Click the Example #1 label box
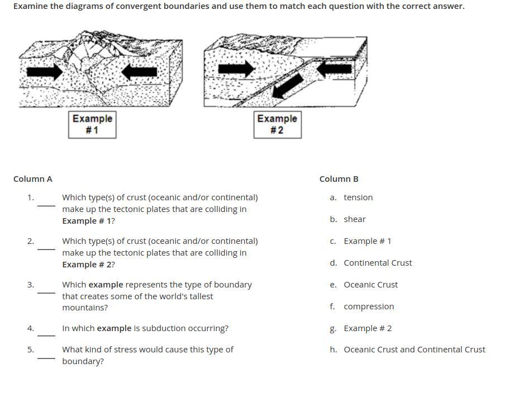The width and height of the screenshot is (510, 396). click(92, 124)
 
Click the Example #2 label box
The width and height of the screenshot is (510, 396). click(277, 124)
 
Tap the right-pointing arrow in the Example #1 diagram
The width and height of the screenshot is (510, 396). click(45, 71)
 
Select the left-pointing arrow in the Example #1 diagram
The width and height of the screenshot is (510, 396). click(139, 71)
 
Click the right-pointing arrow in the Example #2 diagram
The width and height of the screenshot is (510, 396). click(236, 69)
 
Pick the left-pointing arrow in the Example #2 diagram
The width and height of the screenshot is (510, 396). click(335, 69)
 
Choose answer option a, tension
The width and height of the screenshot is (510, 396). click(358, 197)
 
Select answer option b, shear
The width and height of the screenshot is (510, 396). click(354, 219)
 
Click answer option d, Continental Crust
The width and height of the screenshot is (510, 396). click(378, 263)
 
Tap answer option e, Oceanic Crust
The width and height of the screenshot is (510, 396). click(370, 285)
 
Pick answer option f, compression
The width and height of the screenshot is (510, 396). click(369, 307)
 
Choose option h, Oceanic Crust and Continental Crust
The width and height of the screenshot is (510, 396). click(414, 350)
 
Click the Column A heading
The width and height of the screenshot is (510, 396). click(33, 179)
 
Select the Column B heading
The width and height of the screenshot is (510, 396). click(339, 179)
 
